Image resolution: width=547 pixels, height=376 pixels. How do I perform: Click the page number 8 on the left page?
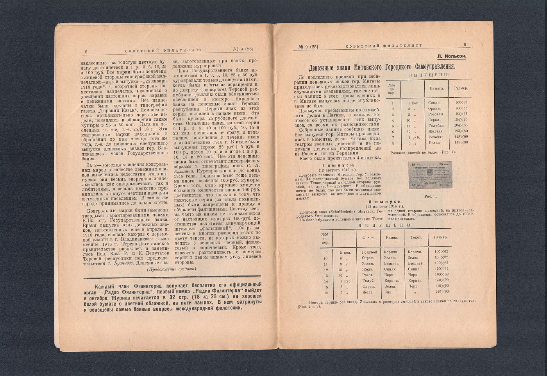[86, 51]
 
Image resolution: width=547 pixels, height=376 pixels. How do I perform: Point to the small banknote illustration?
[430, 175]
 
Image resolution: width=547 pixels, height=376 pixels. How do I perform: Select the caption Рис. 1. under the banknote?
[430, 196]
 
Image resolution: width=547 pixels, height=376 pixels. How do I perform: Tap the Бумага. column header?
[437, 88]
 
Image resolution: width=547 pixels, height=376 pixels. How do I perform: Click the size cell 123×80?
[461, 131]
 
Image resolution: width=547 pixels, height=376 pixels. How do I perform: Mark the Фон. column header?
[369, 238]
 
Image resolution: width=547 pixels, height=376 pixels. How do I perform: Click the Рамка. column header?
[392, 238]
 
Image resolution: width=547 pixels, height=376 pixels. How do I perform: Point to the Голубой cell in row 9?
[370, 252]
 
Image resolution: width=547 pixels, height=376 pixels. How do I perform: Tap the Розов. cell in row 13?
[368, 275]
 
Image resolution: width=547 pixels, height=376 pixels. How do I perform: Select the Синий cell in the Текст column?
[414, 269]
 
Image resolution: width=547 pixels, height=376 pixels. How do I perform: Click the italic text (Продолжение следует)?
[172, 269]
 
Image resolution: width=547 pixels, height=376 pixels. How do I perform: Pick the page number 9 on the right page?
[465, 45]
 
